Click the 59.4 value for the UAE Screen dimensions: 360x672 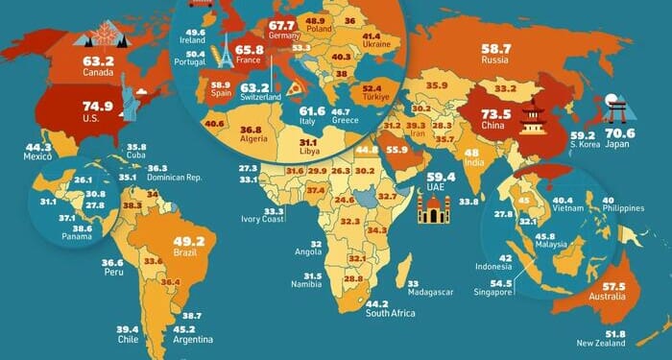point(441,177)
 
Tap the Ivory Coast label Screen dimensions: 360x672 point(262,221)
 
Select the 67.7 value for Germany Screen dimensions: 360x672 point(281,25)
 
